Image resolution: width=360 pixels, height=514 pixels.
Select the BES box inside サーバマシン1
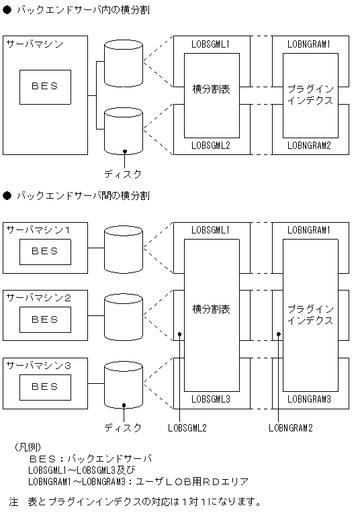coord(45,252)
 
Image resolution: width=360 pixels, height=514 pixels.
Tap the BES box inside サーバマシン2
coord(45,319)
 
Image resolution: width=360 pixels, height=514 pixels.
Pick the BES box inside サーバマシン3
coord(45,387)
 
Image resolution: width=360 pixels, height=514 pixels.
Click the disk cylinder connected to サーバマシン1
coord(124,248)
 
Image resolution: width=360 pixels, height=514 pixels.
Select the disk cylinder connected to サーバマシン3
coord(124,385)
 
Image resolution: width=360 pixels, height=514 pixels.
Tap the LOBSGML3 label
coord(211,399)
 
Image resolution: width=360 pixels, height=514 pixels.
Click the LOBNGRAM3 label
coord(309,399)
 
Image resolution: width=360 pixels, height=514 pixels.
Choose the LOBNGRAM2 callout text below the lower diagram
coord(291,427)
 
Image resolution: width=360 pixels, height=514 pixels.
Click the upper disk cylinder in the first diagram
coord(124,62)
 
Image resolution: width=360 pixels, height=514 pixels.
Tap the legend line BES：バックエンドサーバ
coord(91,458)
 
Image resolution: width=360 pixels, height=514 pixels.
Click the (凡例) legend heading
coord(27,446)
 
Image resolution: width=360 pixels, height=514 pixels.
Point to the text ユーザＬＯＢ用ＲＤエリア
coord(192,481)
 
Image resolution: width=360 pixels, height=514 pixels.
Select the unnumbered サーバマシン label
coord(35,44)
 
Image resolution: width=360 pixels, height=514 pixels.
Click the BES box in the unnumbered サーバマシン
coord(45,87)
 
